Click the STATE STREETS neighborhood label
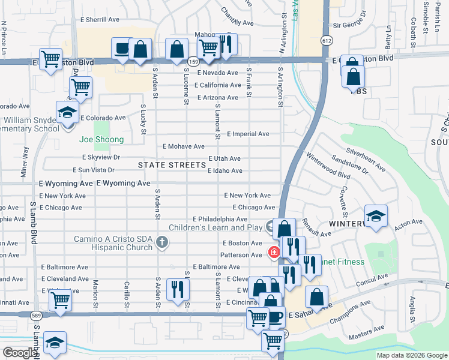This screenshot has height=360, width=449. pyautogui.click(x=172, y=165)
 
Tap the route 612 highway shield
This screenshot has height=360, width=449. pyautogui.click(x=326, y=40)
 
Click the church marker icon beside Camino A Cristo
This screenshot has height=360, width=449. pyautogui.click(x=161, y=242)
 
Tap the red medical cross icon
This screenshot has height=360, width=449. pyautogui.click(x=274, y=253)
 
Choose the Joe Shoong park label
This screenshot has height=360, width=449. pyautogui.click(x=101, y=140)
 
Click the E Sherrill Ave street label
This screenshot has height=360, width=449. pyautogui.click(x=100, y=20)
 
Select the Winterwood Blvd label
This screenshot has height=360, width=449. pyautogui.click(x=328, y=168)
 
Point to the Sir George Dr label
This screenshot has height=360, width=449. pyautogui.click(x=349, y=25)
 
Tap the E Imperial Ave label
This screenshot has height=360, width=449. pyautogui.click(x=248, y=134)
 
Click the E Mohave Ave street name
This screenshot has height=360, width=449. pyautogui.click(x=184, y=146)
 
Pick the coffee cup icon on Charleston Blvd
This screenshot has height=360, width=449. pyautogui.click(x=122, y=49)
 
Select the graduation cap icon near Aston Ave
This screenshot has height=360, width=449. pyautogui.click(x=376, y=217)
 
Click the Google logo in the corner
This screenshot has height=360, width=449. pyautogui.click(x=19, y=353)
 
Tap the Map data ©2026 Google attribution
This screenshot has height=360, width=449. pyautogui.click(x=412, y=355)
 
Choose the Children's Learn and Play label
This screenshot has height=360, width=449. pyautogui.click(x=215, y=227)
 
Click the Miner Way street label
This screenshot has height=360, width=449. pyautogui.click(x=25, y=162)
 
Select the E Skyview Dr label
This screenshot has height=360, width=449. pyautogui.click(x=101, y=157)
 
